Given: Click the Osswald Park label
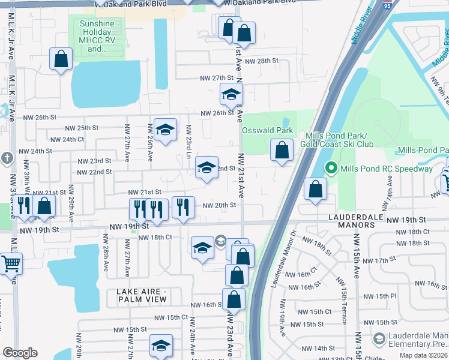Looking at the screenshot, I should coord(267,130).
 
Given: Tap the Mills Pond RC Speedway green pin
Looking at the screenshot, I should coord(330,168).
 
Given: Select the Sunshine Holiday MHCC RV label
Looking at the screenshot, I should coord(100,36).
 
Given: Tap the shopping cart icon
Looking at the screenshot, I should coord(11,263).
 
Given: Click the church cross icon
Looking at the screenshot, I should coord(6,158).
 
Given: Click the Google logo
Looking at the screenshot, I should coord(20,352).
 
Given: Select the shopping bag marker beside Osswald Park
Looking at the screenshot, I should coord(282,149).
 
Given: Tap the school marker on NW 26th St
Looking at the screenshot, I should coord(231,94).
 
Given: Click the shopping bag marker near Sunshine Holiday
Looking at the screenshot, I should coord(61,59).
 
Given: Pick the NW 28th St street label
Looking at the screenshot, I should coord(264,61).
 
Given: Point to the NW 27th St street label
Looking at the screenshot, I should coord(216,78).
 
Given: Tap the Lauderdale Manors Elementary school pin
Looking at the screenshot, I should coord(378,340).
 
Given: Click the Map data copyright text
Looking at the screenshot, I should coord(423,355).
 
